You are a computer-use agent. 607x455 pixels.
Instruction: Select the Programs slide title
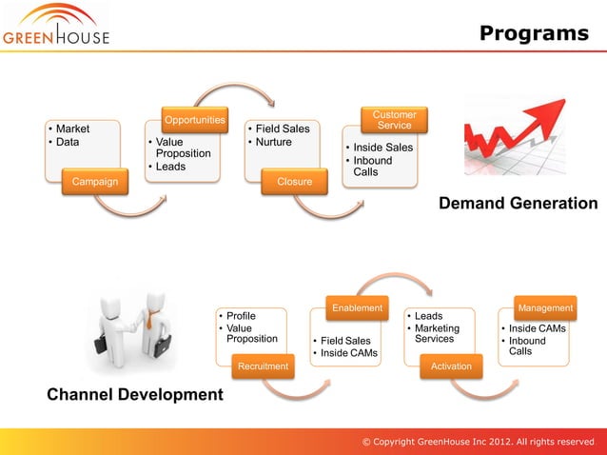tap(534, 33)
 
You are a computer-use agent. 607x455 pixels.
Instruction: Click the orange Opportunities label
tap(195, 120)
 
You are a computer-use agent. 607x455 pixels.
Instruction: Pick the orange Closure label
tap(294, 181)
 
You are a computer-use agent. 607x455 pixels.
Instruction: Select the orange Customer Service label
tap(394, 120)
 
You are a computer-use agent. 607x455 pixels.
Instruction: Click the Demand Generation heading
tap(518, 204)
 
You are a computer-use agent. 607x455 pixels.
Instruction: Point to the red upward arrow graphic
tap(519, 138)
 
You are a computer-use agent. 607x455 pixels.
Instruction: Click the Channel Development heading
tap(135, 394)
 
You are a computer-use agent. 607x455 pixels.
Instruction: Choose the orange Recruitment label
tap(264, 366)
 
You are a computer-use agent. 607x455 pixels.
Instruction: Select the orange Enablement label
tap(357, 307)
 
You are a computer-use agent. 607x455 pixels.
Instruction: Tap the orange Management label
tap(545, 307)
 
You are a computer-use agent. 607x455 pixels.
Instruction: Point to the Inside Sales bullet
tap(382, 148)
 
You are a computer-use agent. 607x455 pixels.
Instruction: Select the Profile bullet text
tap(241, 315)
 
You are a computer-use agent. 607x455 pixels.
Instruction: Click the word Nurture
tap(273, 143)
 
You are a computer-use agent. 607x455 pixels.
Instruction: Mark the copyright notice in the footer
tap(478, 442)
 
